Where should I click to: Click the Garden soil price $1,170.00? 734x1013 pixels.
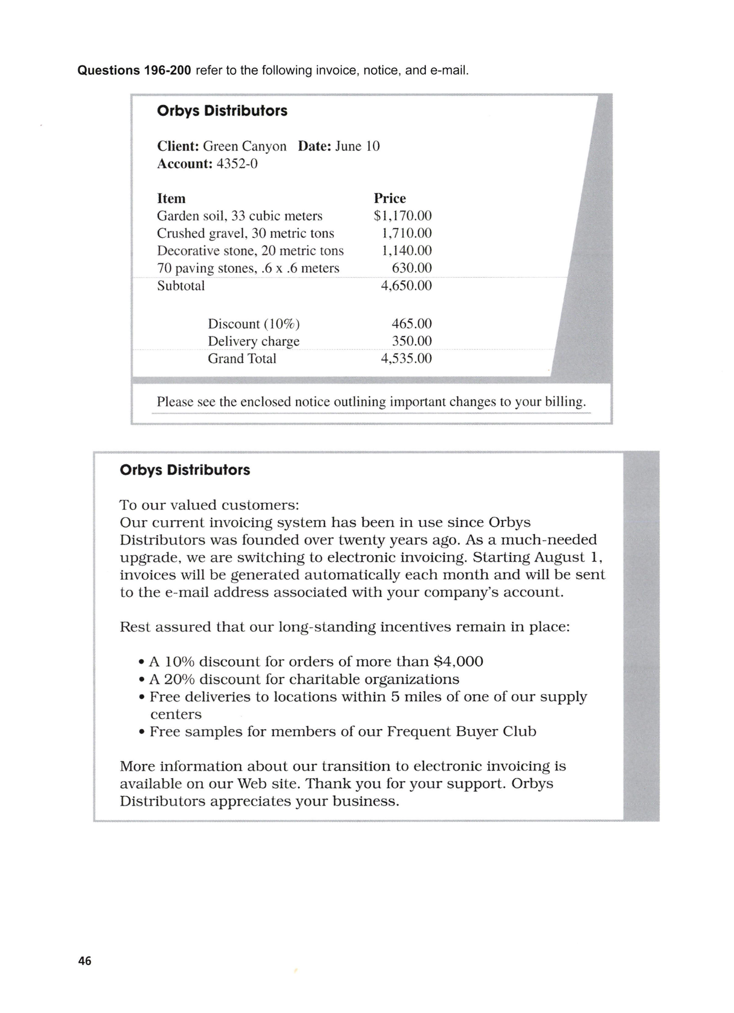(x=402, y=216)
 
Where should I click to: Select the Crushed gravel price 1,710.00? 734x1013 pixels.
(x=406, y=233)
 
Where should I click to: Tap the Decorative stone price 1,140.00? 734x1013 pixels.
(x=406, y=250)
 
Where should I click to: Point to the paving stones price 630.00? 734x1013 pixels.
(x=412, y=268)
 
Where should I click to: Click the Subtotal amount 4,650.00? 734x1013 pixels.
(x=406, y=286)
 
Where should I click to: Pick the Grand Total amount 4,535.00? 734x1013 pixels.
(x=406, y=358)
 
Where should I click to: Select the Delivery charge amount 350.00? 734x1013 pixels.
(x=412, y=341)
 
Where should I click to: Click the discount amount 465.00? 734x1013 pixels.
(x=412, y=323)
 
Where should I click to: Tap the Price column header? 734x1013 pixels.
(x=390, y=198)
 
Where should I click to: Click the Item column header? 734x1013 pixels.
(x=171, y=198)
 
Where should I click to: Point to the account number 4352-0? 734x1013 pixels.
(x=237, y=164)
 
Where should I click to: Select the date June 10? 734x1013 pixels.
(x=357, y=146)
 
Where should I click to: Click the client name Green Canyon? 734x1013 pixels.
(x=245, y=146)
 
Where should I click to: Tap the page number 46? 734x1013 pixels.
(x=85, y=961)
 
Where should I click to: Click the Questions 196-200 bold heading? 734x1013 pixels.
(x=134, y=70)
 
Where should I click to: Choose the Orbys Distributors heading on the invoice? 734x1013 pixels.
(x=222, y=111)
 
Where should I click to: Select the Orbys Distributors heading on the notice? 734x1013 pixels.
(x=185, y=470)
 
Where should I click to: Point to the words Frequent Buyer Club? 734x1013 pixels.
(x=461, y=731)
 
